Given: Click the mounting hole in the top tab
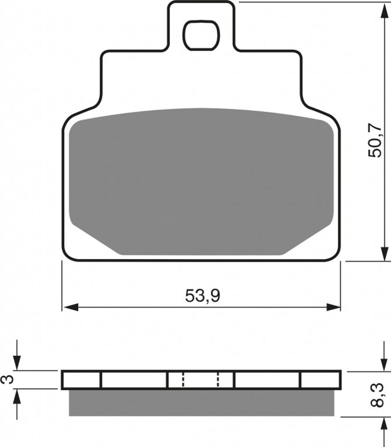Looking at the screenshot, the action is (x=201, y=35).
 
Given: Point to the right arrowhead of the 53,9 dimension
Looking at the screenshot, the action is (x=333, y=307).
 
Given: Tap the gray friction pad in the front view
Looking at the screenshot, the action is (x=201, y=182).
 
